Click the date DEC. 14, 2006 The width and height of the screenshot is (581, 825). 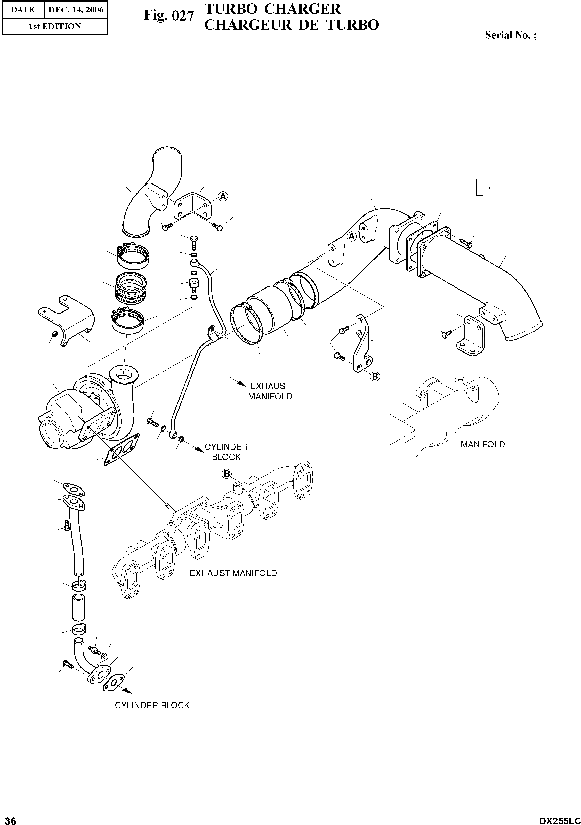click(75, 10)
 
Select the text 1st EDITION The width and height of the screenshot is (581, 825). click(55, 26)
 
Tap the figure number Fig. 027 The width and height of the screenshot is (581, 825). click(168, 16)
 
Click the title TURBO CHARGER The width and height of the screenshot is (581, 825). click(272, 9)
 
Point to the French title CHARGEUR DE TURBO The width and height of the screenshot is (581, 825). click(291, 25)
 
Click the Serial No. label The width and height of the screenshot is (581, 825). click(511, 35)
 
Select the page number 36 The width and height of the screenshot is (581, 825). click(8, 819)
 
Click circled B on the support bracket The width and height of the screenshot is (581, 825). click(375, 376)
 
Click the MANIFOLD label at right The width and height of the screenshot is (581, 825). click(482, 444)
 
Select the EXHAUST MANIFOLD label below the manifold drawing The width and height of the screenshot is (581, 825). click(233, 573)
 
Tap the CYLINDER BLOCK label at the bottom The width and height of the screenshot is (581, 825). click(152, 705)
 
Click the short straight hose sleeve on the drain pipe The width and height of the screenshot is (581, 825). click(79, 607)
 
